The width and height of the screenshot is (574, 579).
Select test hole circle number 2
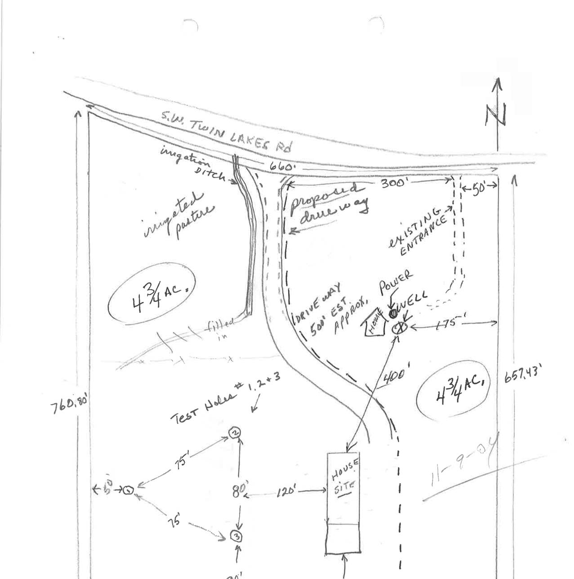pos(235,433)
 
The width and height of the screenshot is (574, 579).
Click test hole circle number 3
pos(236,536)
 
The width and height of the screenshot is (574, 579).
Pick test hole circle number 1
pos(128,490)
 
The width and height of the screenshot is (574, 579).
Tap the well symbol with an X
pos(398,327)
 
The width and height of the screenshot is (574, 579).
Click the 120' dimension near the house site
pos(285,491)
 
